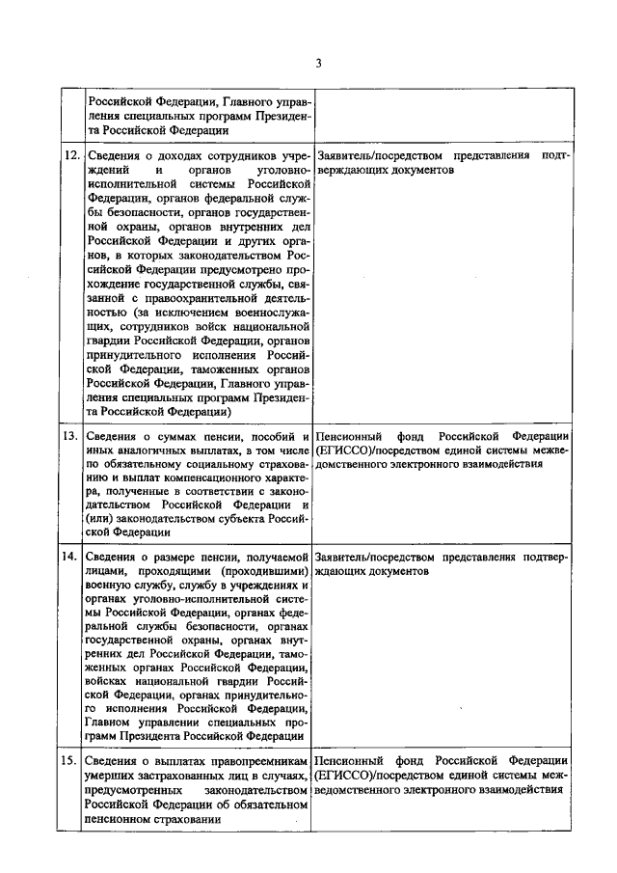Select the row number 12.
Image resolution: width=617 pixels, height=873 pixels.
tap(71, 154)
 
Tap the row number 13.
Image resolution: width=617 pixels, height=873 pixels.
tap(71, 435)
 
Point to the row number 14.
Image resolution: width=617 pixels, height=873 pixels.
tap(71, 558)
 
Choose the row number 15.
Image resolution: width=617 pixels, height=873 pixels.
tap(71, 759)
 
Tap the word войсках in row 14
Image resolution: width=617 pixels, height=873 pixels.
tap(110, 681)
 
